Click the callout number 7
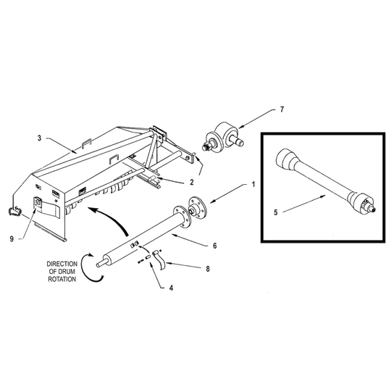pos(282,109)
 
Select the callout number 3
pos(39,138)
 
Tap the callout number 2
pos(192,182)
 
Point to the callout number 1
pos(253,184)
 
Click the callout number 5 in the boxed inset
pos(276,212)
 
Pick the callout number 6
pos(215,246)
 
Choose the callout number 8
pos(208,269)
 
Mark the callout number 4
pos(171,288)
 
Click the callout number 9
pos(12,238)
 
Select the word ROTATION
pos(62,279)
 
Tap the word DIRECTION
pos(62,264)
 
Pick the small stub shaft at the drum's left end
pos(101,263)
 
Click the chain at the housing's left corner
pos(14,210)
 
